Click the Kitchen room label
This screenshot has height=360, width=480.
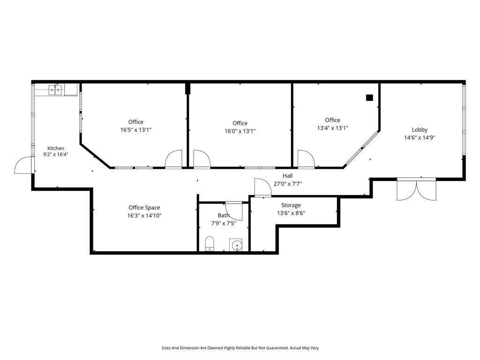point(56,148)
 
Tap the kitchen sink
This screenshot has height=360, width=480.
point(55,90)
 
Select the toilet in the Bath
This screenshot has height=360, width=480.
point(210,244)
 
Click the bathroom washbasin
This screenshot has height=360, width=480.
point(236,245)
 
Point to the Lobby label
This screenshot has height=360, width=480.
point(420,129)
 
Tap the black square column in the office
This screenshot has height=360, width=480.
point(369,97)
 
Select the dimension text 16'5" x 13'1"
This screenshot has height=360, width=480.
point(136,130)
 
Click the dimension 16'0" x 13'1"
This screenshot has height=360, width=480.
point(240,131)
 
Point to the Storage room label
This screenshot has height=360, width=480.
point(291,205)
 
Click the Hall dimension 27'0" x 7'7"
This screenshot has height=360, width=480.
point(287,184)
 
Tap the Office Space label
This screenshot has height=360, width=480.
point(144,208)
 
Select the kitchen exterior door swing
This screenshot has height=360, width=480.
point(23,165)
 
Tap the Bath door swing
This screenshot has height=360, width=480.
point(234,211)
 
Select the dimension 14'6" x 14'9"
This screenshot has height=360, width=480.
point(420,138)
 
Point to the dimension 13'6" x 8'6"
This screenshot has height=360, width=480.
point(291,213)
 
